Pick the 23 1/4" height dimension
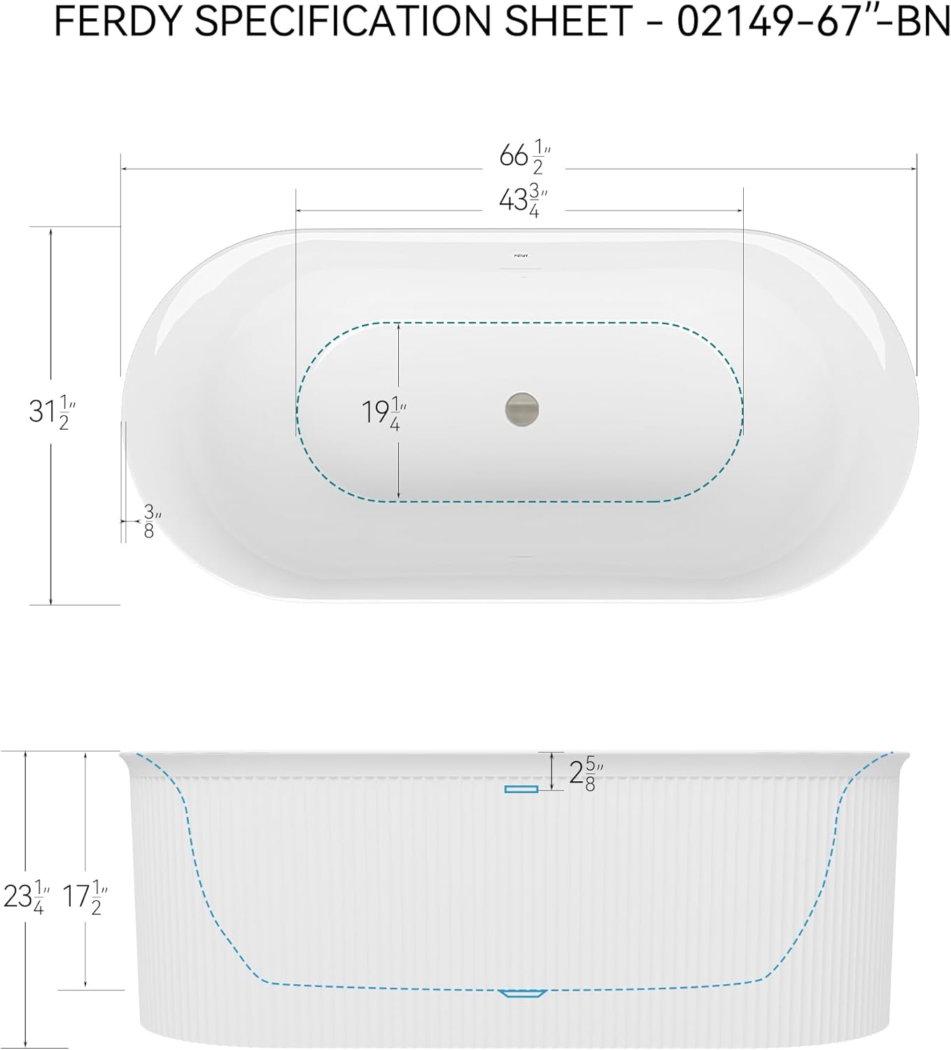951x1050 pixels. click(26, 897)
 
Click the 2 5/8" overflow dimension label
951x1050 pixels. click(585, 773)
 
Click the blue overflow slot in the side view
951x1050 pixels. click(521, 789)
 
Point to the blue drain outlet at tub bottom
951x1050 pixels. click(521, 993)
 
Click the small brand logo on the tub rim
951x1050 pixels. click(521, 255)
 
